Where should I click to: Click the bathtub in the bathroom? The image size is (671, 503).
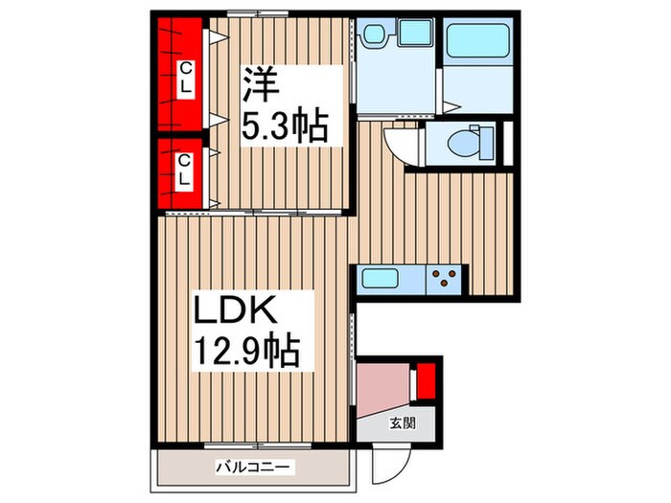(482, 42)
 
